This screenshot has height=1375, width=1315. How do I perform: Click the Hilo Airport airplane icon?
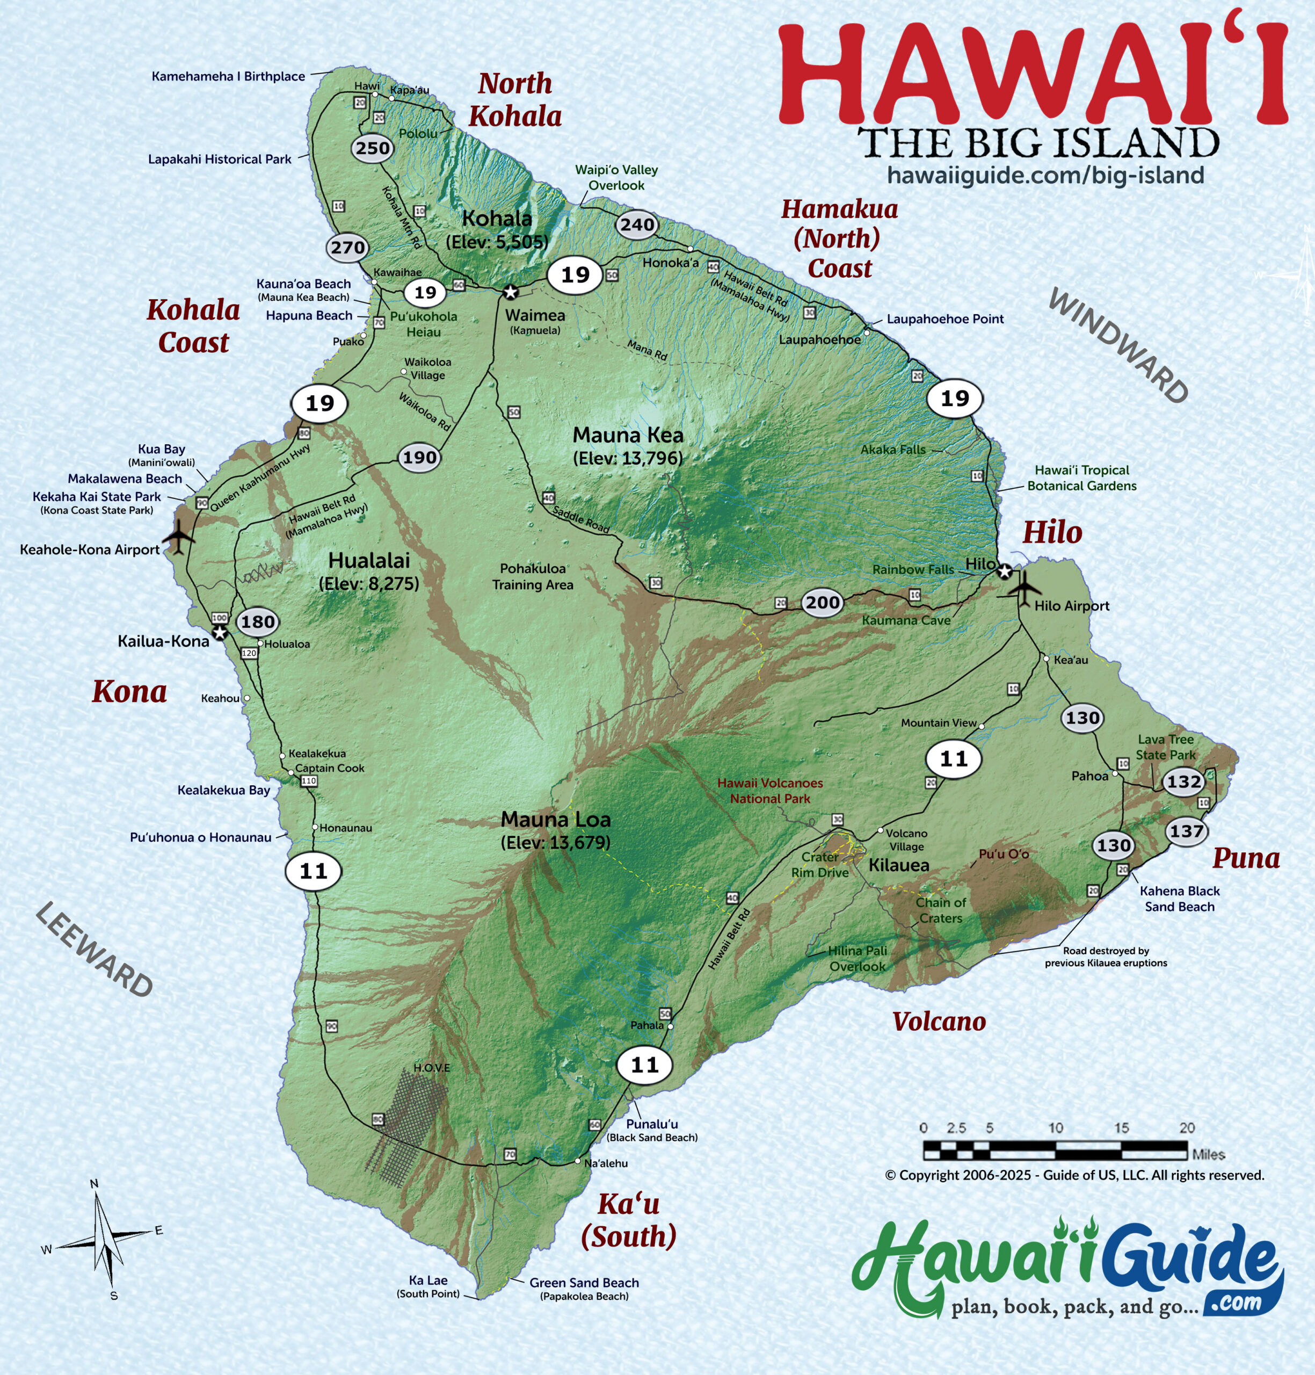click(x=1025, y=588)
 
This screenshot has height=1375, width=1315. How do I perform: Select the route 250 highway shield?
click(x=372, y=148)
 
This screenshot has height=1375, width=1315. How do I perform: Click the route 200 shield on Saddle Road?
click(x=822, y=602)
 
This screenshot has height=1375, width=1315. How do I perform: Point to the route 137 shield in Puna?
click(x=1186, y=831)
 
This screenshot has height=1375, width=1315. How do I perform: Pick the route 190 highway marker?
click(x=419, y=458)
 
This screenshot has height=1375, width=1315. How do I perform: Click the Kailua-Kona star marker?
click(x=220, y=633)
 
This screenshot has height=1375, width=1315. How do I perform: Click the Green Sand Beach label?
click(x=584, y=1283)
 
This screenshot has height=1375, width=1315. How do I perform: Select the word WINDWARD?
click(x=1118, y=346)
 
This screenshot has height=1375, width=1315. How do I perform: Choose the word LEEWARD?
click(x=94, y=950)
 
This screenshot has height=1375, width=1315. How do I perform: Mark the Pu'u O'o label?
click(x=1003, y=854)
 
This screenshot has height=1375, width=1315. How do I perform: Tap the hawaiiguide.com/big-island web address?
click(x=1045, y=175)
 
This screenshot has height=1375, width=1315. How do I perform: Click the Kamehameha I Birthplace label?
click(x=229, y=76)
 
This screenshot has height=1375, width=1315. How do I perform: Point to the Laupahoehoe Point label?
click(x=945, y=319)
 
